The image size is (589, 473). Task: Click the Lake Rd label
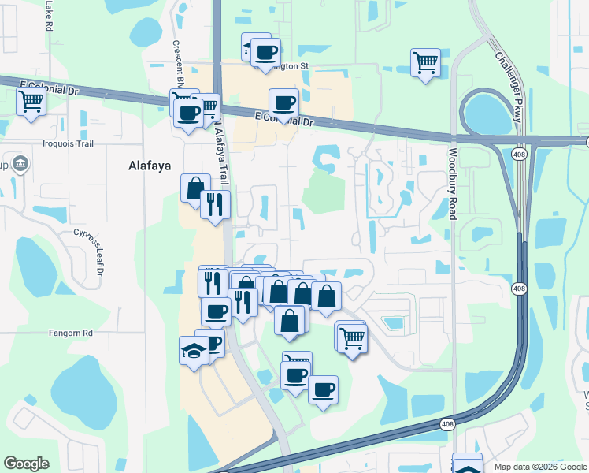[x=48, y=16]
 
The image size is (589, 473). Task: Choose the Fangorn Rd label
[x=69, y=333]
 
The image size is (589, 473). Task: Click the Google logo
[x=26, y=464]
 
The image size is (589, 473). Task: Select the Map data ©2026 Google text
[x=539, y=467]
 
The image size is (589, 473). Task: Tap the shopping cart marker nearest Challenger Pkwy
[x=425, y=61]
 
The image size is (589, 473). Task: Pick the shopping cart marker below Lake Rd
[x=31, y=101]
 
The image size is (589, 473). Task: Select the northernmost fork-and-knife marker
[x=215, y=203]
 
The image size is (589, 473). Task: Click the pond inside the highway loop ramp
[x=487, y=114]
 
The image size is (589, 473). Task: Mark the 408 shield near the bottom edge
[x=447, y=425]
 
